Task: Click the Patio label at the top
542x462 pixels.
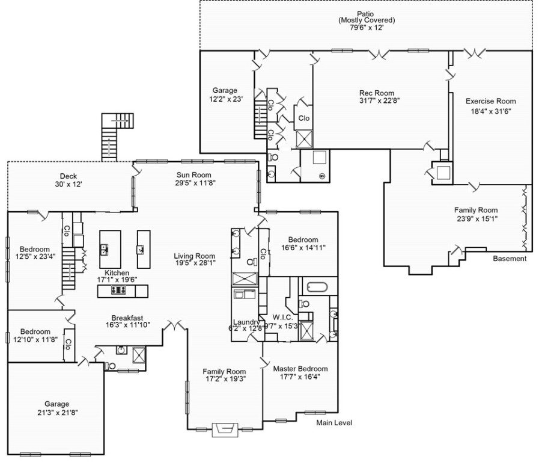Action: [x=366, y=13]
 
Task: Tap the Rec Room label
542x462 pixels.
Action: [x=377, y=93]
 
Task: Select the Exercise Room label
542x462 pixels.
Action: [x=490, y=101]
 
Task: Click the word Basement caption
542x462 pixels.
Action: [x=510, y=259]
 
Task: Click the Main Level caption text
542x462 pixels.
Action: [x=334, y=423]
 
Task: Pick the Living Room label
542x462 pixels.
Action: [x=195, y=254]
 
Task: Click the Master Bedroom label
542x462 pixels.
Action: [x=300, y=369]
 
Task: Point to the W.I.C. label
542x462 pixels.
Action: [x=282, y=317]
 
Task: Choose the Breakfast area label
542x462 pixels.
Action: [x=127, y=318]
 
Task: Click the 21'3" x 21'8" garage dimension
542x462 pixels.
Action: [x=56, y=413]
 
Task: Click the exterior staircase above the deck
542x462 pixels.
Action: [x=114, y=135]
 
